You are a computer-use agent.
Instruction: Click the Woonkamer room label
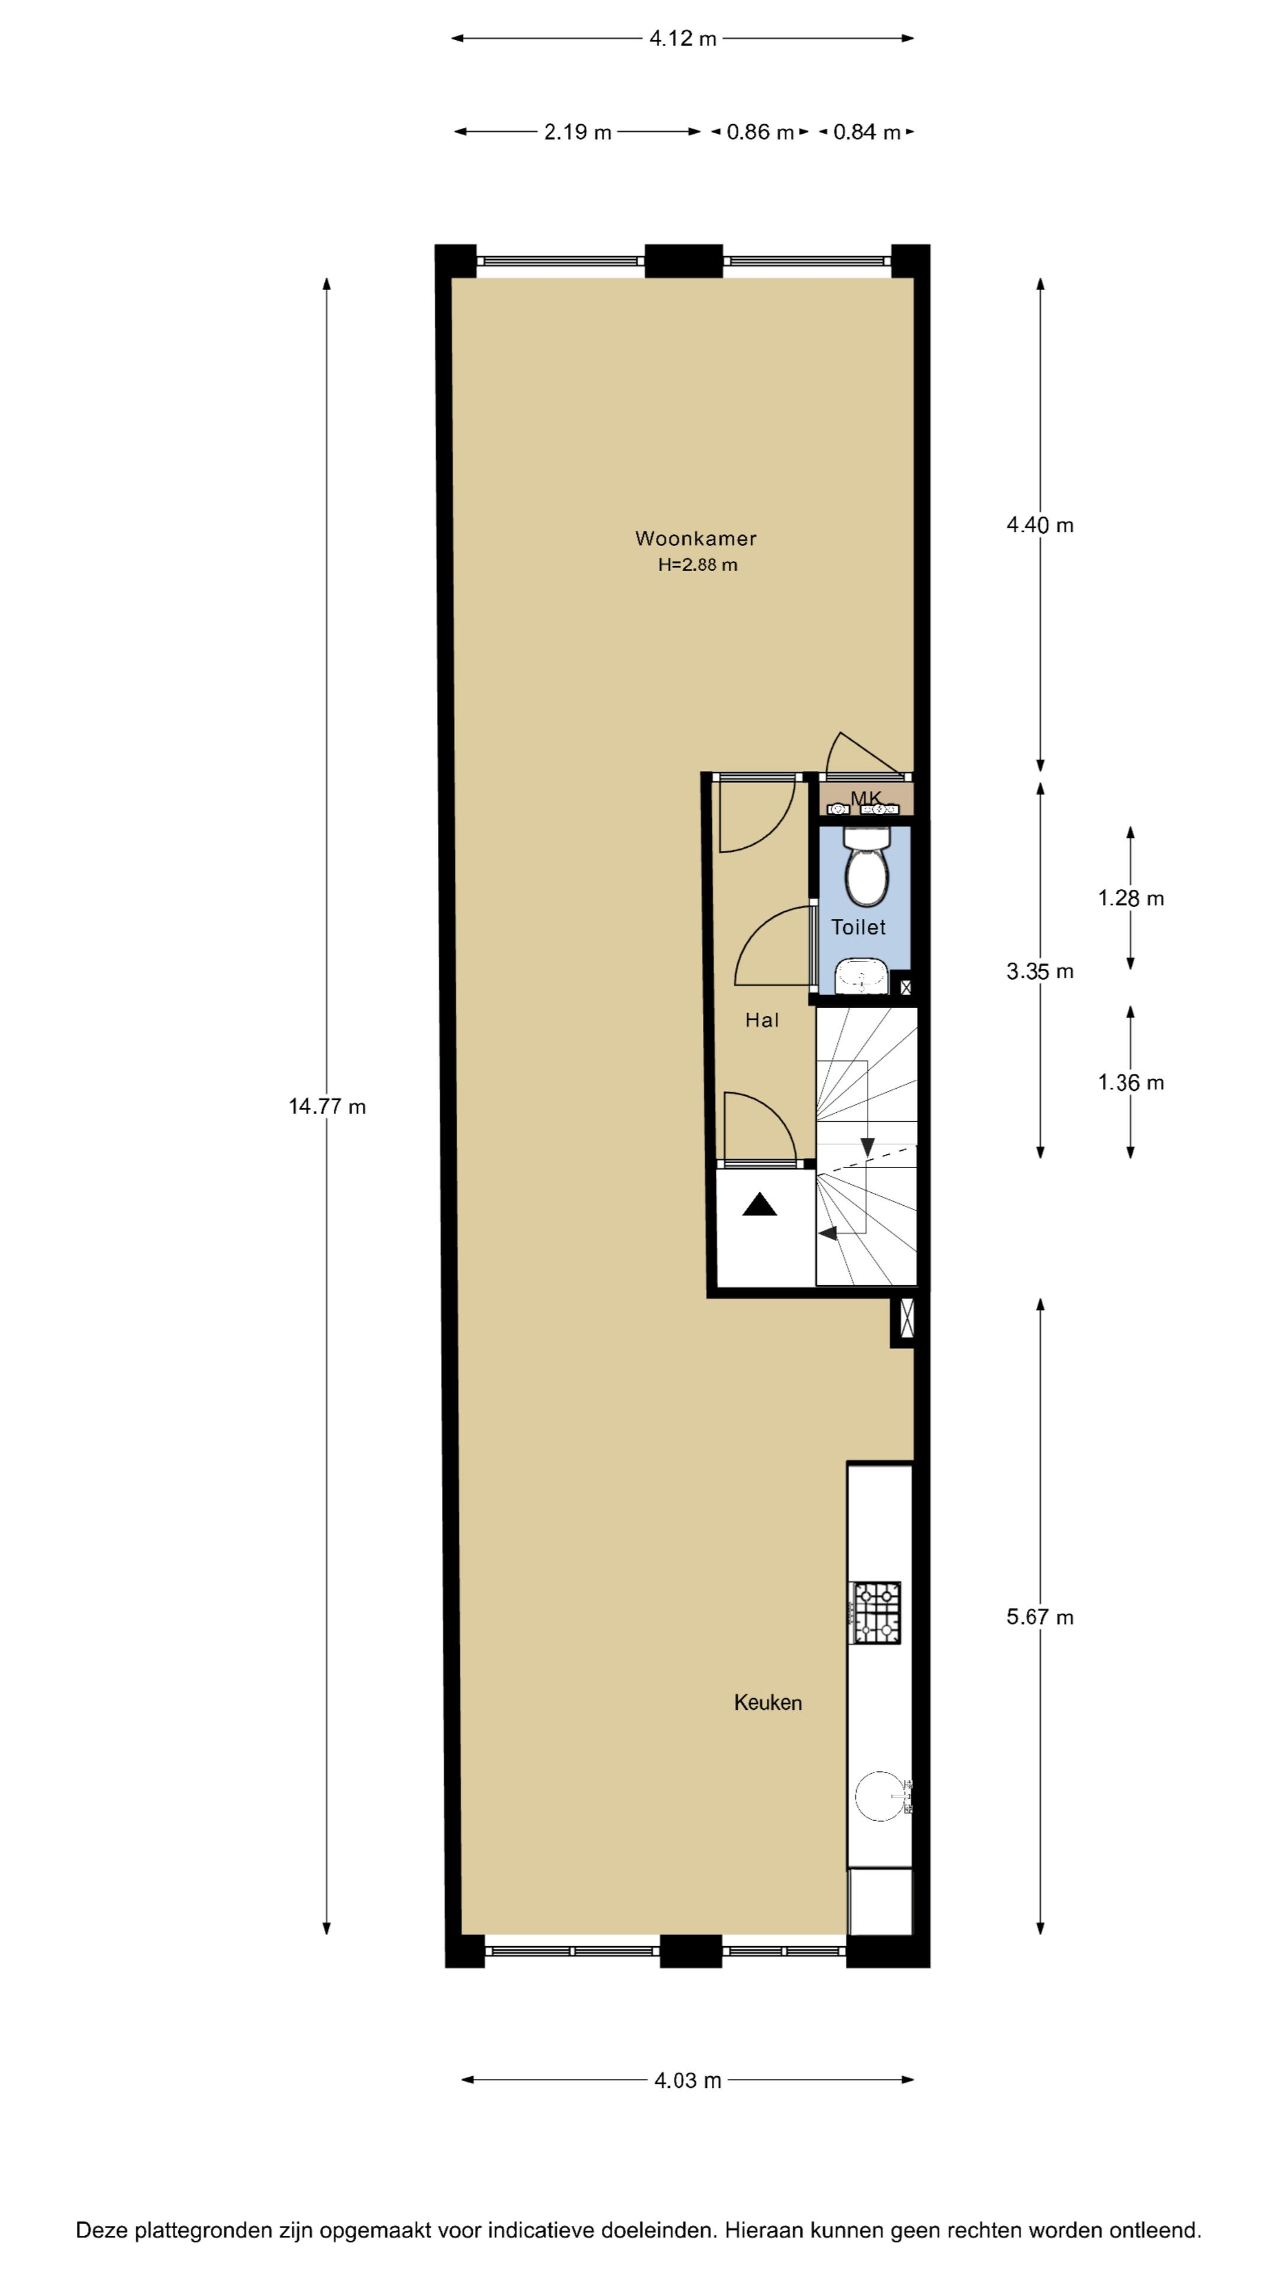coord(696,538)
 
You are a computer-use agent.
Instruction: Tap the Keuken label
coord(768,1702)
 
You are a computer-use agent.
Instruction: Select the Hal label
coord(762,1021)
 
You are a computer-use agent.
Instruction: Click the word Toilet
coord(858,927)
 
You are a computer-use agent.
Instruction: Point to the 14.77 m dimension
coord(327,1106)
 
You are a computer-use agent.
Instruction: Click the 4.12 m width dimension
coord(683,38)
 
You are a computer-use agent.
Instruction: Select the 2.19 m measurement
coord(577,131)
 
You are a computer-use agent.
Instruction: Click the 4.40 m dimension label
coord(1041,525)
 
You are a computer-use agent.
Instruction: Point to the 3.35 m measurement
coord(1041,971)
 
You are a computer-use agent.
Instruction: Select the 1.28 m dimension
coord(1131,898)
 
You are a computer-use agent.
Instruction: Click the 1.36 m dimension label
coord(1131,1082)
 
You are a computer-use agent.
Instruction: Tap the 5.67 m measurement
coord(1041,1616)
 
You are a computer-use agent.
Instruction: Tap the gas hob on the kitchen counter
coord(875,1613)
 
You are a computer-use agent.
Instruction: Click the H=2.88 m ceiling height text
coord(698,564)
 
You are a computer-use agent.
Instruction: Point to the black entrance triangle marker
coord(759,1205)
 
